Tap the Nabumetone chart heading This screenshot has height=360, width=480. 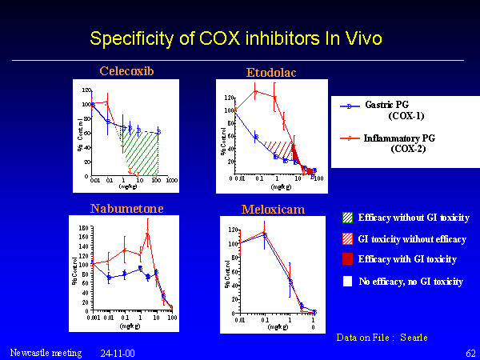point(126,209)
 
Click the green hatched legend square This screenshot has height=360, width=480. point(346,218)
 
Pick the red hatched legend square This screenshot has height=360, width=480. point(346,239)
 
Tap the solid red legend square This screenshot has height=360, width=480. point(346,259)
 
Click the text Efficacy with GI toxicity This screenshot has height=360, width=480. point(407,259)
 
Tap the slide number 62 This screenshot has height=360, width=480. point(470,352)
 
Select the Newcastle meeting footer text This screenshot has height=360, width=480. point(46,352)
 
